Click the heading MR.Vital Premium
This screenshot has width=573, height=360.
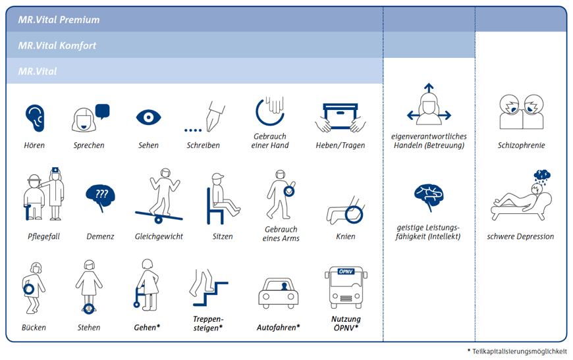click(59, 20)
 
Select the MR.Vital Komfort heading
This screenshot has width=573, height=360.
click(57, 45)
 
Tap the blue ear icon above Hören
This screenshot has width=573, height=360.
click(35, 118)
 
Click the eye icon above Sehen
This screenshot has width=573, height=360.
click(148, 117)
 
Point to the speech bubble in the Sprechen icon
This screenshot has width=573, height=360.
click(102, 111)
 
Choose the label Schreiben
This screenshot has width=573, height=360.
click(203, 145)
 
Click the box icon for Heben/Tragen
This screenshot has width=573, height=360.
click(341, 116)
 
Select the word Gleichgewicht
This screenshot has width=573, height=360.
click(159, 236)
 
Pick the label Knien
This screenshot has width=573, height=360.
click(346, 236)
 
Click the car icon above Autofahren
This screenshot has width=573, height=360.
click(279, 293)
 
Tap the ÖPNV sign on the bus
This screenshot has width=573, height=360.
click(346, 271)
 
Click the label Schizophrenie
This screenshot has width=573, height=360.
click(521, 145)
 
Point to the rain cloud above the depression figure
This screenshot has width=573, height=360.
click(542, 176)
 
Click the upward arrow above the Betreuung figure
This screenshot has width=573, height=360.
click(429, 88)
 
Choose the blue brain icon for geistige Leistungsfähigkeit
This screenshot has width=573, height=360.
click(429, 196)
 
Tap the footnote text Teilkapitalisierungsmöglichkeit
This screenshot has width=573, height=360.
click(519, 351)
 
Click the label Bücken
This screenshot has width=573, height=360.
click(34, 328)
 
